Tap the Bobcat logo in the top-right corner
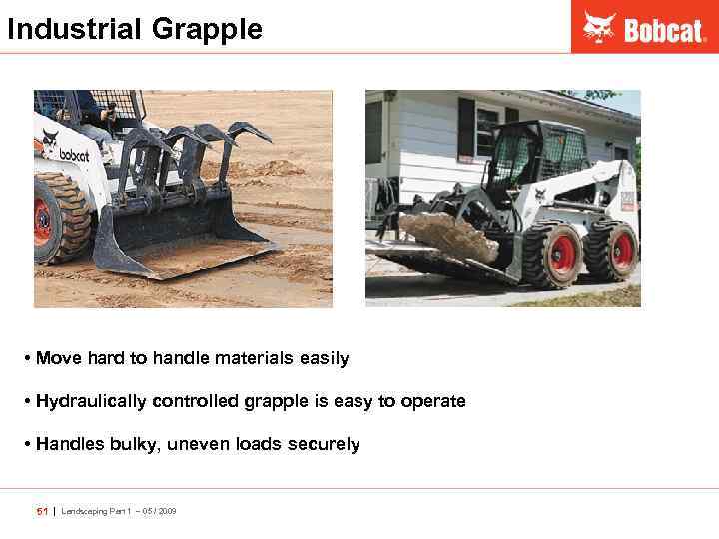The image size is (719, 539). coord(644,28)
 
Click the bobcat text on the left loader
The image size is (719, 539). coord(74,155)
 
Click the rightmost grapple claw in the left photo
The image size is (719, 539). coord(250,135)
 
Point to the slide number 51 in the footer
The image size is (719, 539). coord(42,511)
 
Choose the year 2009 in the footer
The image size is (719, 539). coord(166,511)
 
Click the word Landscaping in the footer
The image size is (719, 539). coord(86,511)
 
